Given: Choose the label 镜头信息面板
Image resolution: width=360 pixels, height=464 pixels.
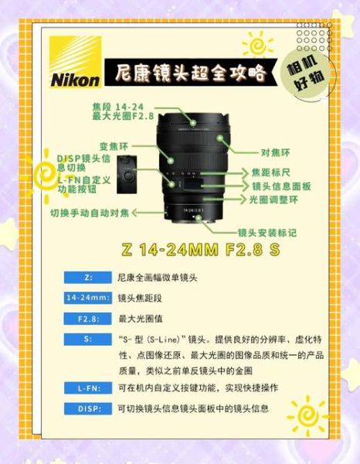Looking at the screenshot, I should (281, 186).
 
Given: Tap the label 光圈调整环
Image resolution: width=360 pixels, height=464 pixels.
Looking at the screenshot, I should (275, 200).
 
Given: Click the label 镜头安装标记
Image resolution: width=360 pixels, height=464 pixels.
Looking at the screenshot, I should (267, 232).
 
